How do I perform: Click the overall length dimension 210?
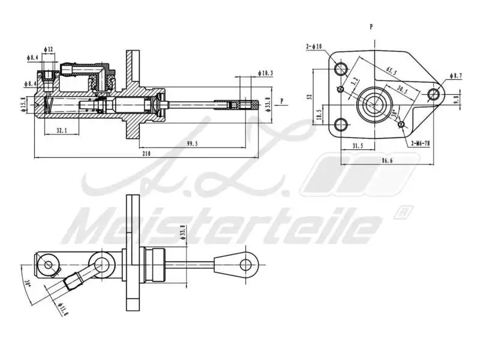146,154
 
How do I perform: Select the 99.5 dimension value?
192,143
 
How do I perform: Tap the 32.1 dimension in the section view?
61,129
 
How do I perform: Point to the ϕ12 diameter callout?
49,49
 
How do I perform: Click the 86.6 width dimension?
386,161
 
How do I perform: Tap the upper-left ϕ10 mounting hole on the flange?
343,67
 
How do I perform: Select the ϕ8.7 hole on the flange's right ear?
434,94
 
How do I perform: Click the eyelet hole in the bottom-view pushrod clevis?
247,263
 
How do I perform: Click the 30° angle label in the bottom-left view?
28,281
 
